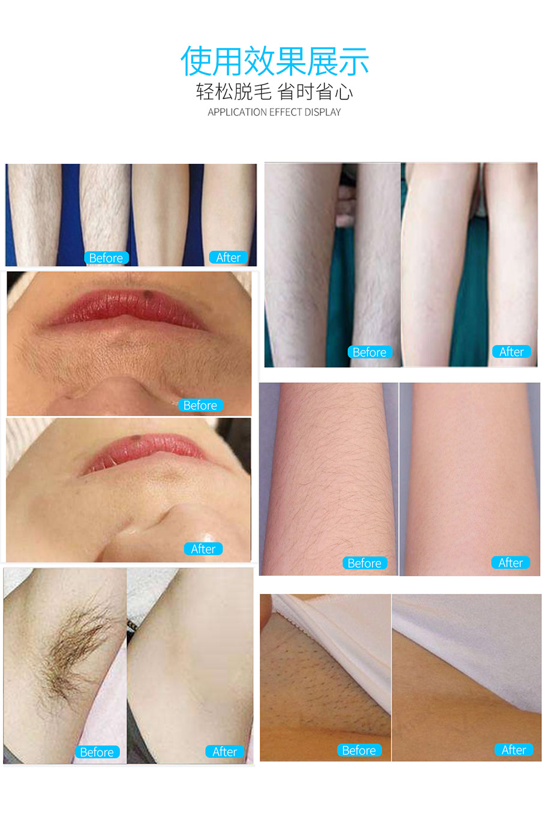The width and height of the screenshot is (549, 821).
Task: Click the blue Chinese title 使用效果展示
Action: click(275, 62)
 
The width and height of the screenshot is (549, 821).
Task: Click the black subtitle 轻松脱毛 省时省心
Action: click(274, 92)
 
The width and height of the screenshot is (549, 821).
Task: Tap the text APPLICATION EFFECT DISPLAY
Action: click(274, 112)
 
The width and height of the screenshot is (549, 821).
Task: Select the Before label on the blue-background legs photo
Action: click(106, 257)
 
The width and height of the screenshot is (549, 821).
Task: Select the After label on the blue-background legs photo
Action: click(229, 257)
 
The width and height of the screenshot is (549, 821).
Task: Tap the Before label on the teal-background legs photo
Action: click(370, 352)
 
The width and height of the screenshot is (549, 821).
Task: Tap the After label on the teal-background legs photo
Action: click(512, 352)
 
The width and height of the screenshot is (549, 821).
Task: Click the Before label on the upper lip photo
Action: click(200, 405)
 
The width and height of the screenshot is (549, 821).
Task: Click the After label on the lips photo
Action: click(203, 549)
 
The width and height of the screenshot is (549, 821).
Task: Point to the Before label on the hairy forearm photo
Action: click(365, 563)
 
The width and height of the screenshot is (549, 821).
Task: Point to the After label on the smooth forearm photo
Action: click(511, 562)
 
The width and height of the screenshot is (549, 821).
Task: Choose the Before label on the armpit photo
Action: click(97, 752)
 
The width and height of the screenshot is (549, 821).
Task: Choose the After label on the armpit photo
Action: click(224, 752)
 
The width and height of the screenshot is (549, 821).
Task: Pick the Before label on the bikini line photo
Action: click(359, 750)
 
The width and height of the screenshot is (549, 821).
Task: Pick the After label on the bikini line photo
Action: click(514, 750)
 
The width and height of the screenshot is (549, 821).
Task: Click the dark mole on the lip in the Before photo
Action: click(148, 294)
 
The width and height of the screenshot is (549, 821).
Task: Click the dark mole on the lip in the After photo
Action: click(136, 438)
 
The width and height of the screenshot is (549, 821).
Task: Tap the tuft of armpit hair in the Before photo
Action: click(70, 645)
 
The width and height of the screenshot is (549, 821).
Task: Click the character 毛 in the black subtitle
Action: click(262, 92)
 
